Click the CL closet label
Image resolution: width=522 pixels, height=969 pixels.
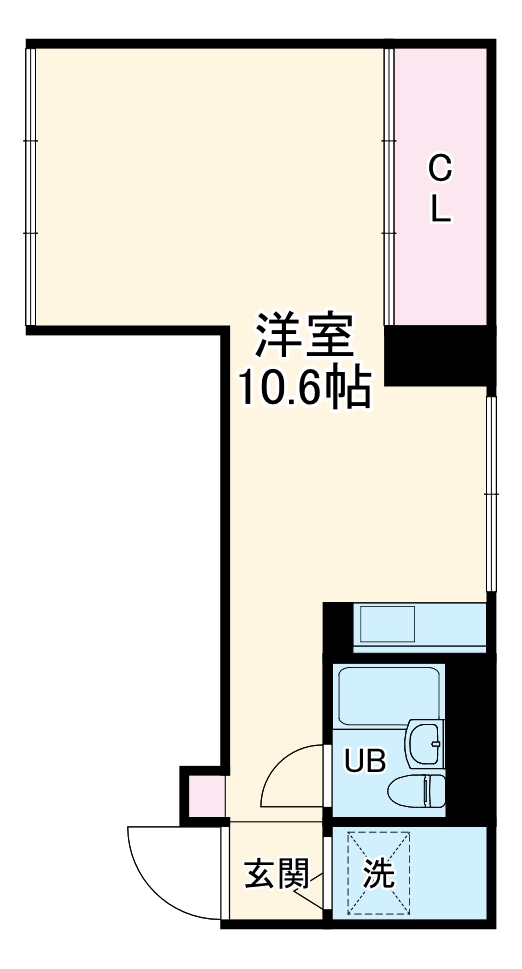440,190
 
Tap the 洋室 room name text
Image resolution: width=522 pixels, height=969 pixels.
303,338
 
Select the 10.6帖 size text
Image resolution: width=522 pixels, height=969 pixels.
303,387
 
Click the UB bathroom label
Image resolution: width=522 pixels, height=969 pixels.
365,761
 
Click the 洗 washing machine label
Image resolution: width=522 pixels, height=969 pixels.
377,875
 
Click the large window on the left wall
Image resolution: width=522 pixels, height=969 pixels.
30,188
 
